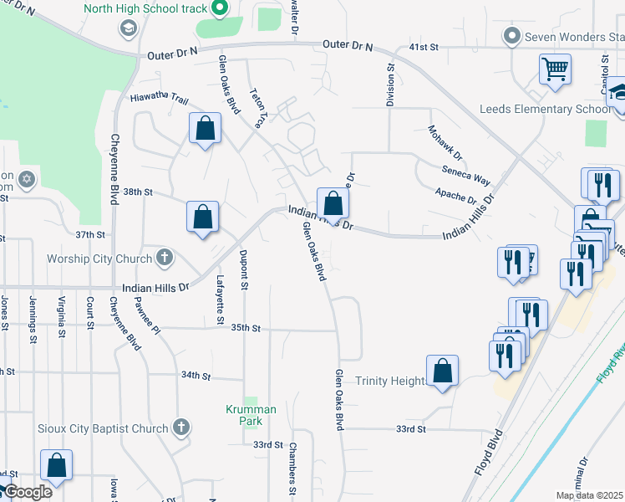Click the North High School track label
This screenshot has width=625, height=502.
[144, 9]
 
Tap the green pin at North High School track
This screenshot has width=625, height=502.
[221, 9]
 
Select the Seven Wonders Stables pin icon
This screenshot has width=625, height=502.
[512, 36]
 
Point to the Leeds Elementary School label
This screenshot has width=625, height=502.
[545, 110]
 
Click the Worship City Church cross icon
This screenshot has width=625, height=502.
[165, 258]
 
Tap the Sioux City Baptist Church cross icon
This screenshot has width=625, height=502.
[182, 428]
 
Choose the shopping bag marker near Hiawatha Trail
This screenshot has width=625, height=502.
[205, 130]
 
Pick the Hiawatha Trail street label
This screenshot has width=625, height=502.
[159, 98]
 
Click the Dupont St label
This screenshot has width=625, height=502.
[244, 269]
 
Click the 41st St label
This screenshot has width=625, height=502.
[424, 48]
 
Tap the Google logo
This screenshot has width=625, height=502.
[28, 492]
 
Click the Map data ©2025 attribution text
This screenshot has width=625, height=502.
[590, 495]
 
